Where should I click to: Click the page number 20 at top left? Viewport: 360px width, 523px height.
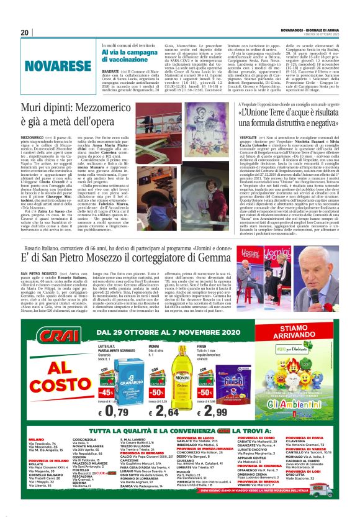[x=25, y=33]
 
